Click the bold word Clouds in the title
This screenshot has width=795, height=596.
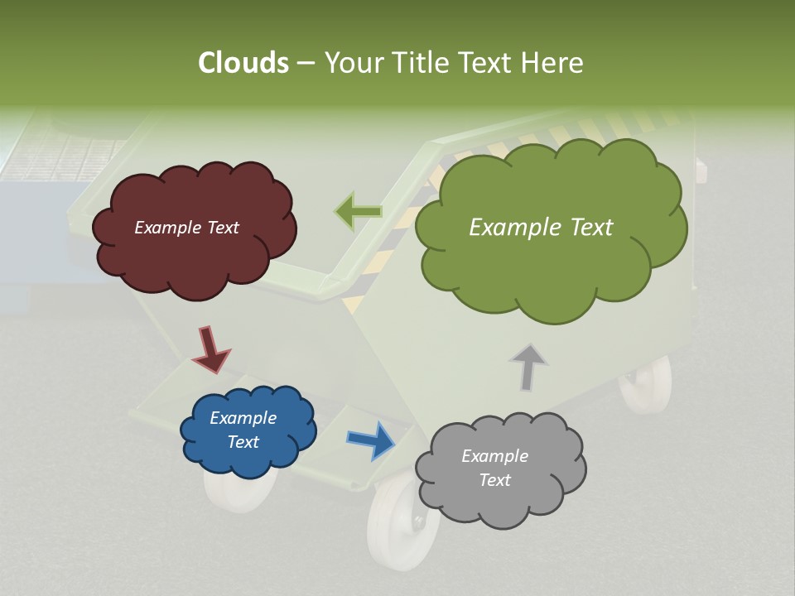coord(243,63)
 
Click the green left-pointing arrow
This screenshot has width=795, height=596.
coord(359,212)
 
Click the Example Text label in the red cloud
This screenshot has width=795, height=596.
coord(186,228)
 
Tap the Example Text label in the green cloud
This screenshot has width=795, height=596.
coord(541,228)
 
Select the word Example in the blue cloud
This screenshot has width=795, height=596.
coord(243,418)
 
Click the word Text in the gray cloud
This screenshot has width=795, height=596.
coord(494,480)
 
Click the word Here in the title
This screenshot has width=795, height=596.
coord(556,63)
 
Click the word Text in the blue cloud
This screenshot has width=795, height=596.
coord(243,442)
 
